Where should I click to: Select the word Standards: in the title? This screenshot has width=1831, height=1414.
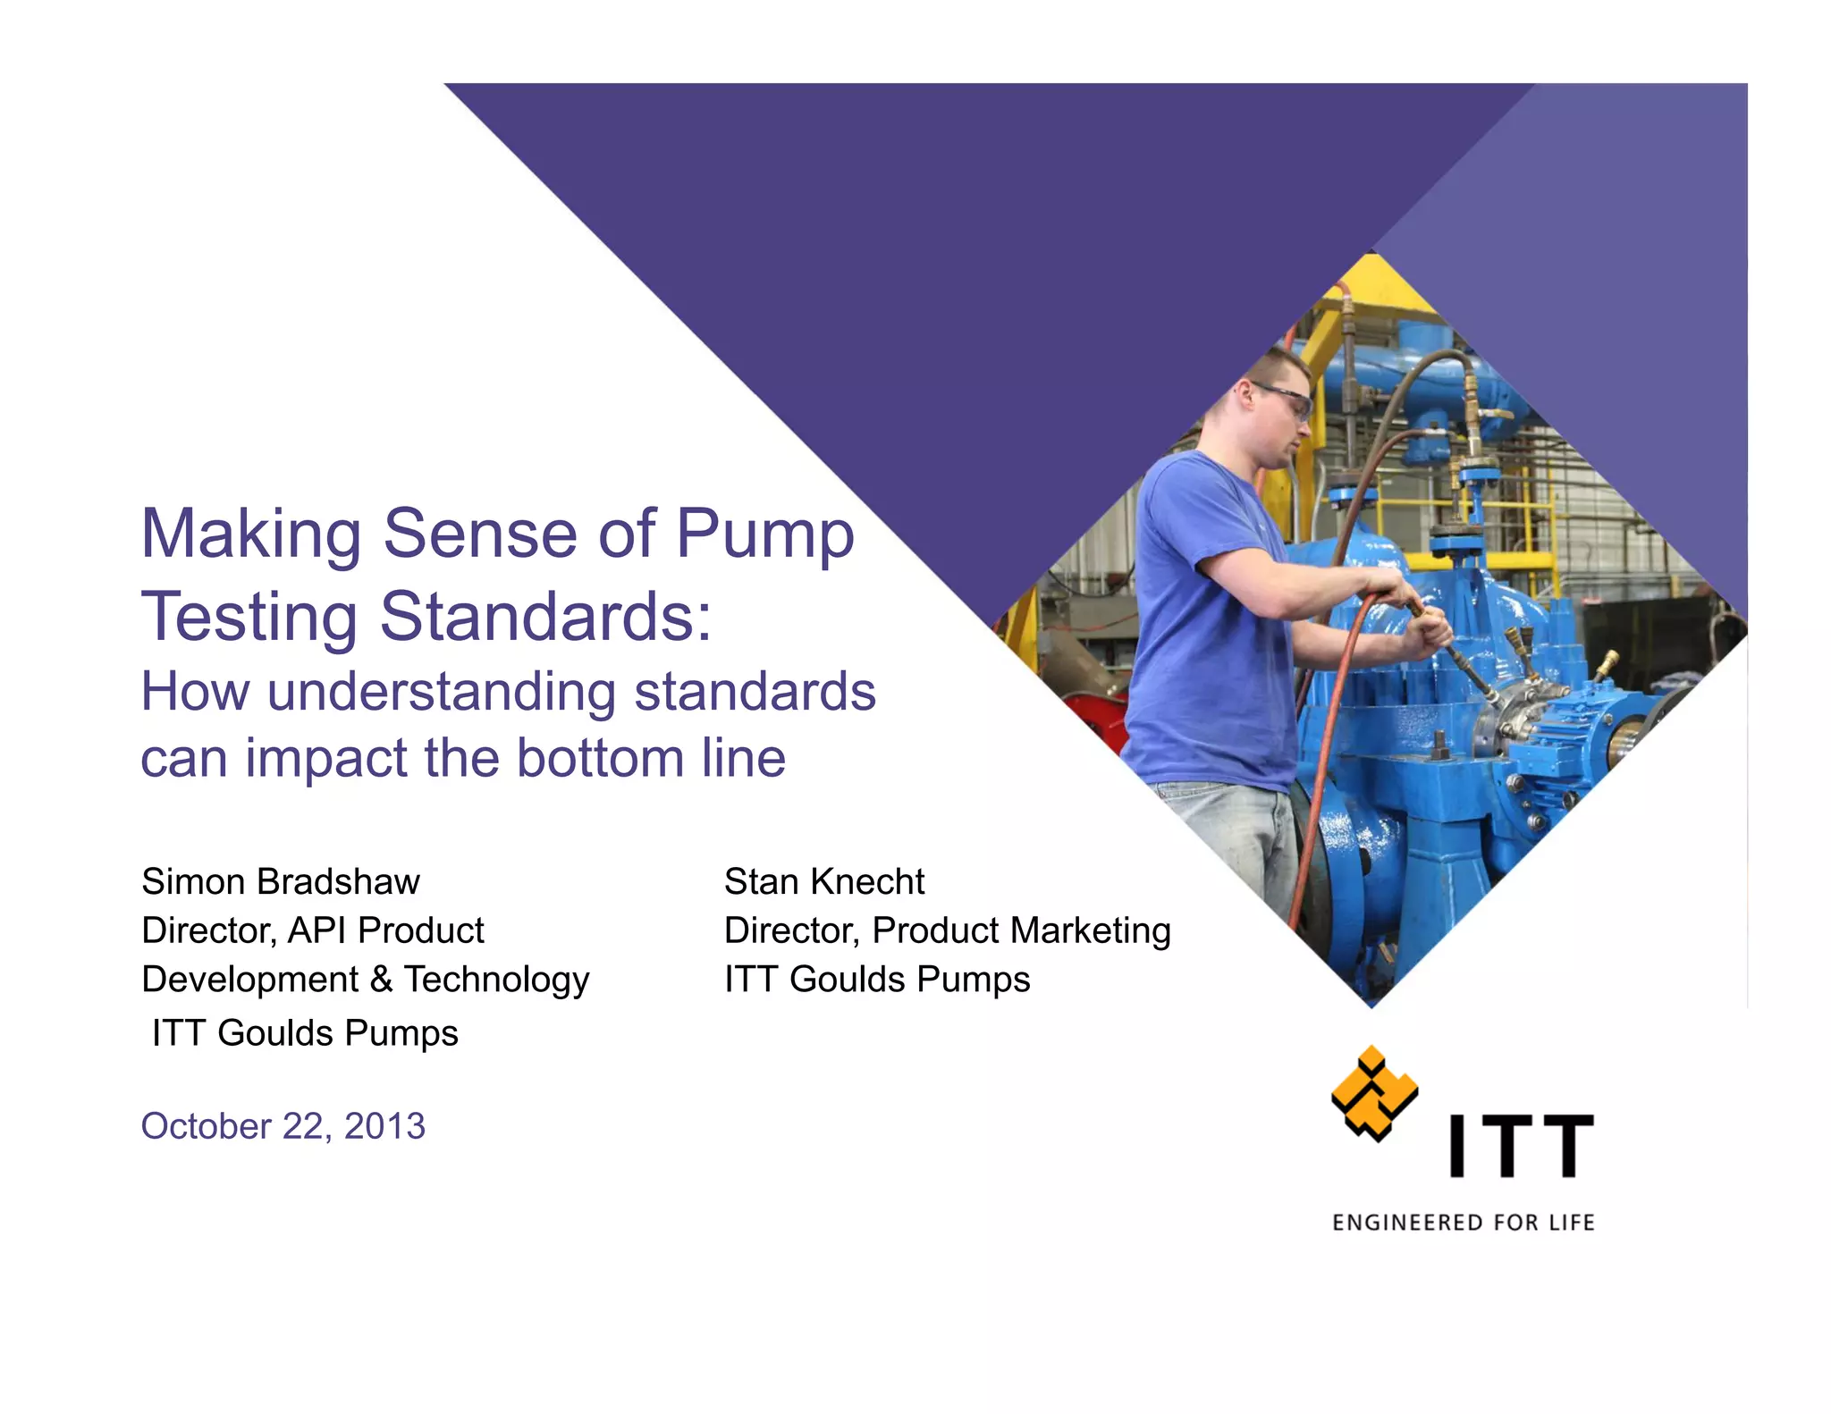[x=545, y=617]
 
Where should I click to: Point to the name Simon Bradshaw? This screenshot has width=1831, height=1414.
[x=280, y=882]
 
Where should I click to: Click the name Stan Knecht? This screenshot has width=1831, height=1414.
[x=823, y=882]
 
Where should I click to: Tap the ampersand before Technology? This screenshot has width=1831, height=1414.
[x=381, y=980]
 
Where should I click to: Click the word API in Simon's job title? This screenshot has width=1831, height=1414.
[x=316, y=931]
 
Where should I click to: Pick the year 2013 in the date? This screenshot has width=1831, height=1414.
[x=384, y=1126]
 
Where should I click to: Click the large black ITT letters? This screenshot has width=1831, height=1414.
[x=1521, y=1145]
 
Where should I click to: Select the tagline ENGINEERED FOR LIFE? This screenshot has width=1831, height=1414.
[x=1463, y=1223]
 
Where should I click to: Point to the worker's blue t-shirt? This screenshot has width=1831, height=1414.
[x=1207, y=626]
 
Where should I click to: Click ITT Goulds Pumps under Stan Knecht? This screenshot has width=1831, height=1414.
[x=876, y=980]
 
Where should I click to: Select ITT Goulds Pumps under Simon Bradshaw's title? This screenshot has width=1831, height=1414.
[x=305, y=1033]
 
